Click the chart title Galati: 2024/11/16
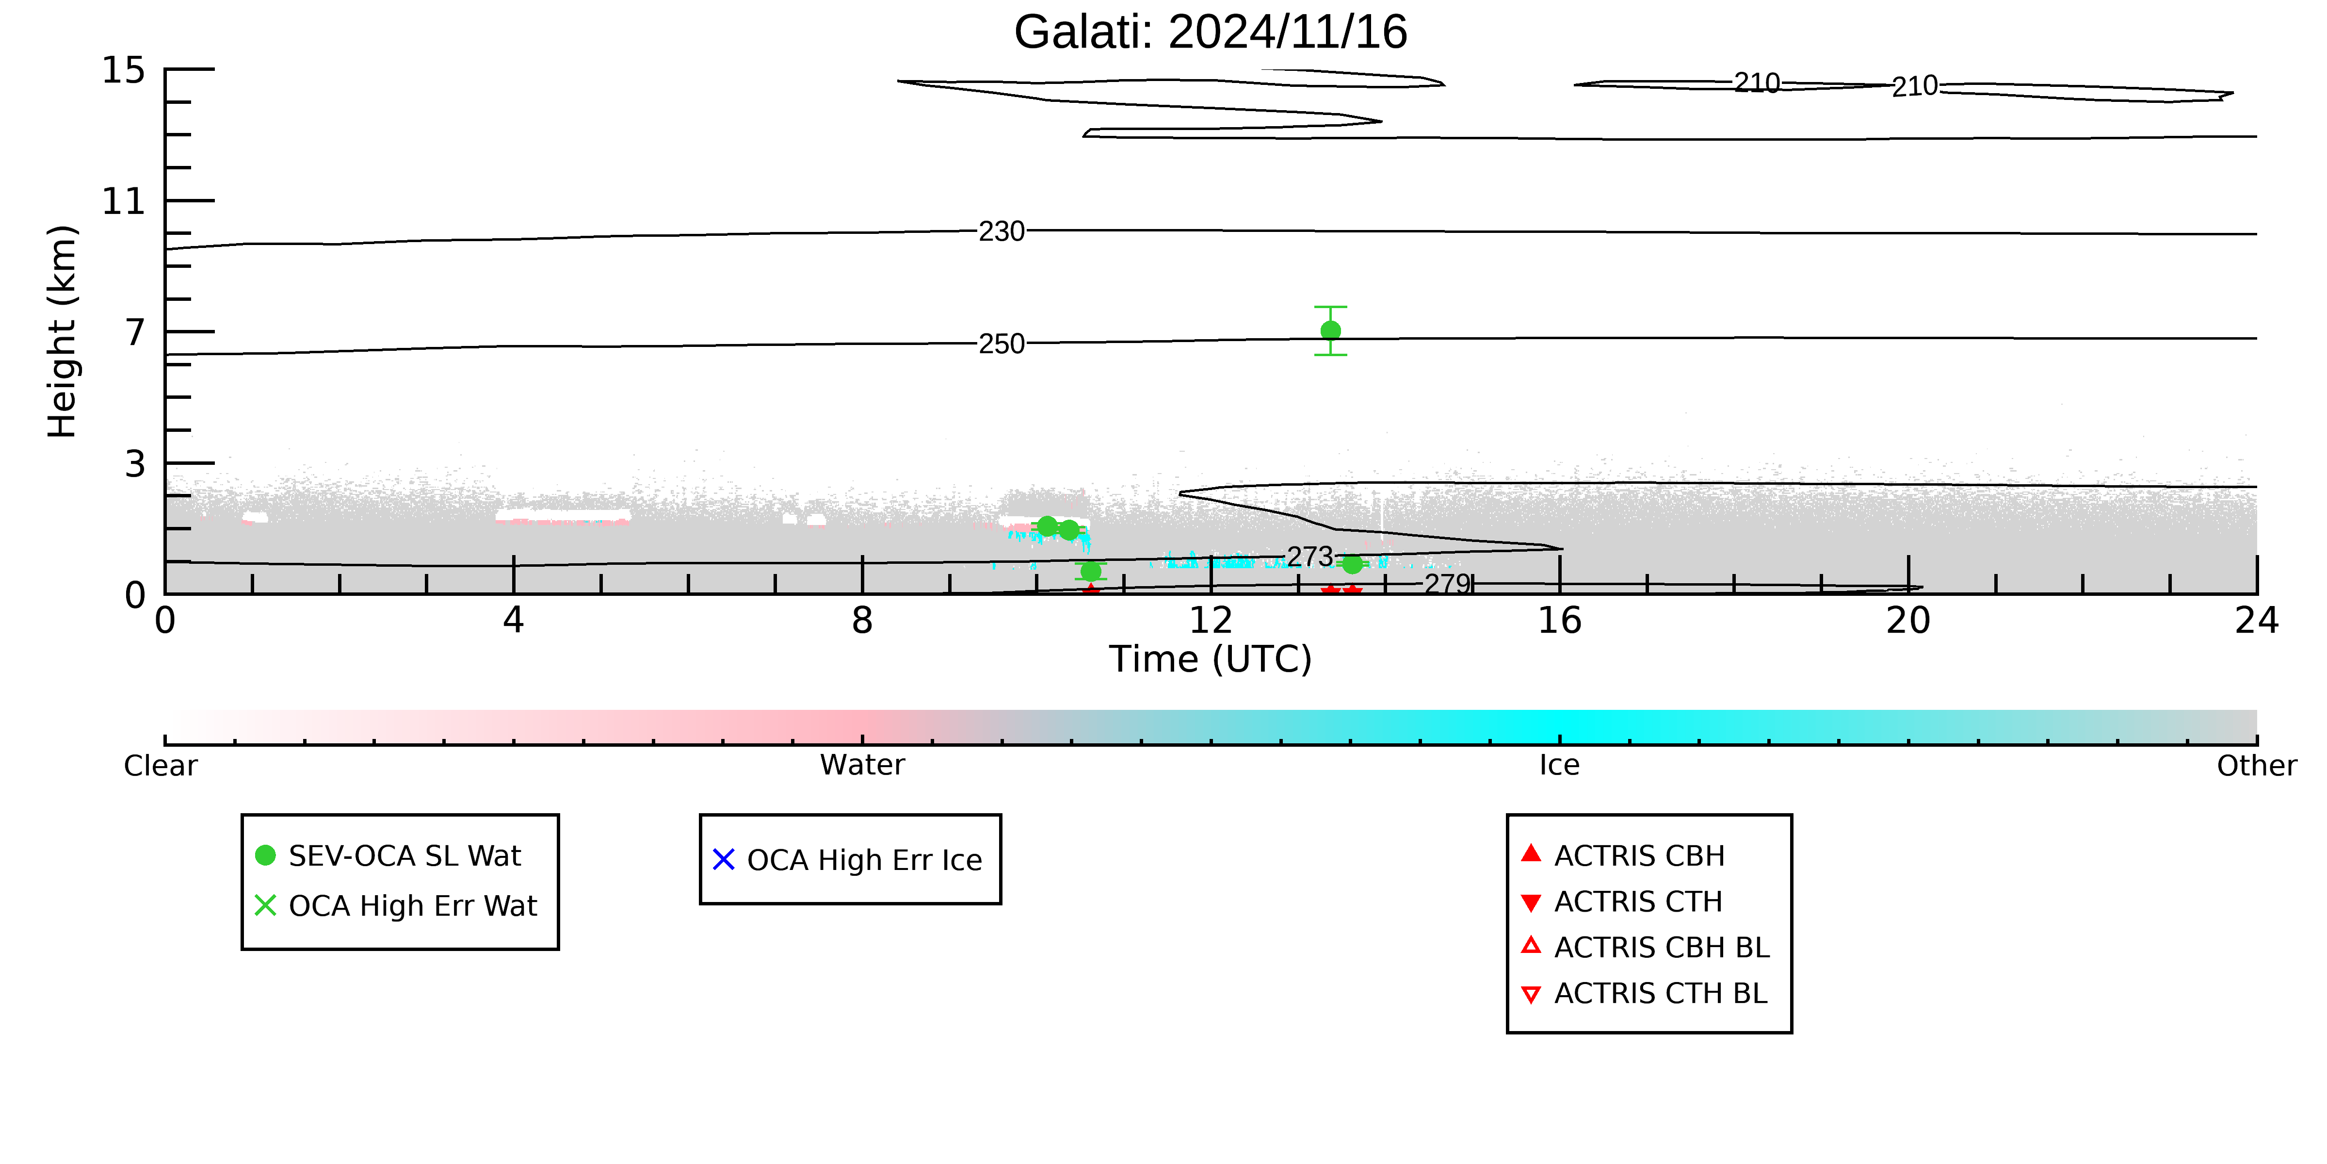(1211, 33)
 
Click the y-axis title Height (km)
(63, 332)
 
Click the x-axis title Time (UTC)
(1211, 659)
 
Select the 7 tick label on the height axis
(135, 332)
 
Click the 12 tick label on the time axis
(1211, 621)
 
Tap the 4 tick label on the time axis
(513, 621)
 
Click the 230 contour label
(1002, 231)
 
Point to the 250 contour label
(1002, 344)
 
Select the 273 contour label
(1310, 557)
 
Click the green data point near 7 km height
(1331, 331)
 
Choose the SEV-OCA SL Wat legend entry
(388, 856)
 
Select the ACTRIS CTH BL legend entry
(1644, 994)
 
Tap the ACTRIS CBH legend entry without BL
(1623, 856)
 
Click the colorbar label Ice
(1559, 766)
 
